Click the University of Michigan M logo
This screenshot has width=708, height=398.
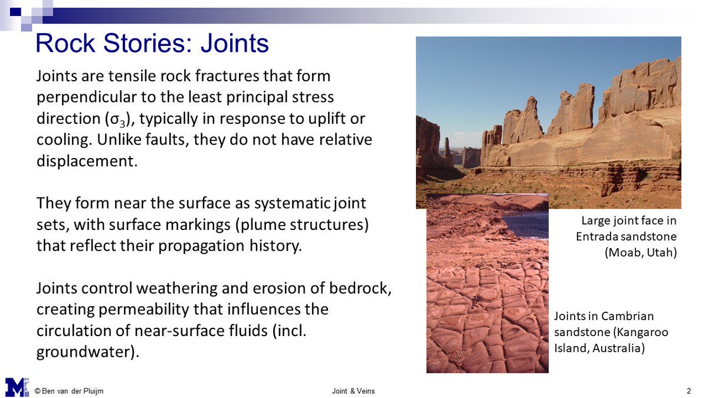pos(17,386)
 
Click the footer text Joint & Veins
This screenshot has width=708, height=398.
pos(353,391)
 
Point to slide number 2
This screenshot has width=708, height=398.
pos(689,391)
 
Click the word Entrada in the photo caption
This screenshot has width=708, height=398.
pos(597,236)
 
